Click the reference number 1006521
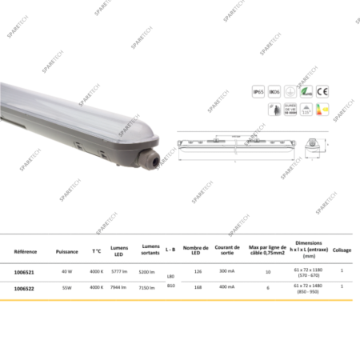click(26, 271)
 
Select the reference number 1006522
click(26, 286)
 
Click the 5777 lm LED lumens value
click(119, 271)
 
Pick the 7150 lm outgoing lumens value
click(147, 286)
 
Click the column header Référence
click(26, 250)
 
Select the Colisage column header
click(342, 250)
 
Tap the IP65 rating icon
click(259, 92)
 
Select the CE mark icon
click(322, 92)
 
